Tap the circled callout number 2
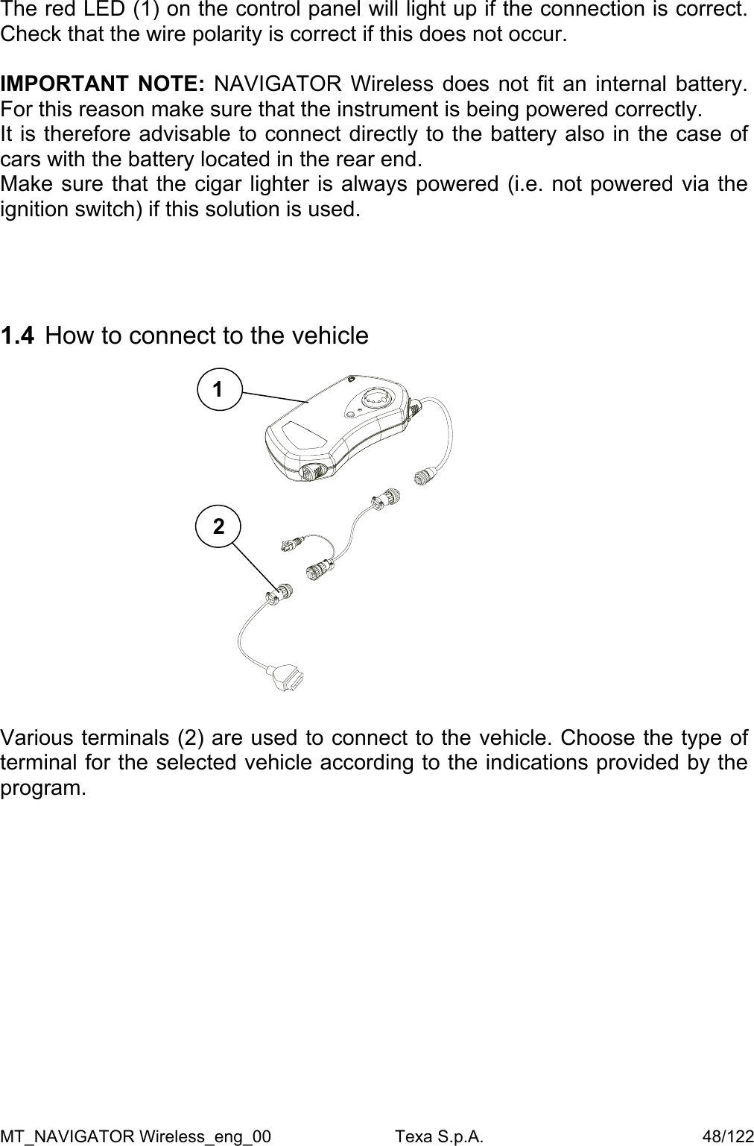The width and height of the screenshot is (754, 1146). pyautogui.click(x=218, y=526)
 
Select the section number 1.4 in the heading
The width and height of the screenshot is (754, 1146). pyautogui.click(x=17, y=336)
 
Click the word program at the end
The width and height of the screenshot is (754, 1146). pyautogui.click(x=43, y=787)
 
